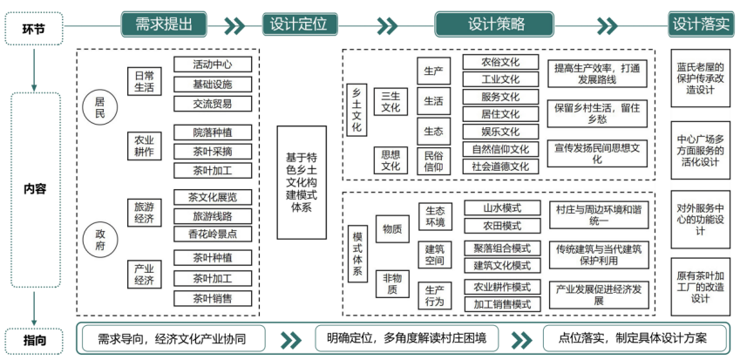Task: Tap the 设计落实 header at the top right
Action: tap(701, 24)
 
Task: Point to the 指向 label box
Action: tap(35, 338)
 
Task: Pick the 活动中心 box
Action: tap(214, 65)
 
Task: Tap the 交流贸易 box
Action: tap(214, 104)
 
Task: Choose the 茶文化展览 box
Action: tap(214, 197)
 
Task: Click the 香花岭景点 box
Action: tap(214, 234)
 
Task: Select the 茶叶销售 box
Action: tap(214, 298)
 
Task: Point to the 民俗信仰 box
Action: tap(433, 160)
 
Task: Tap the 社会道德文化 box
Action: tap(500, 166)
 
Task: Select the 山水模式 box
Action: tap(502, 208)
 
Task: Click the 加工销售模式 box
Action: tap(502, 304)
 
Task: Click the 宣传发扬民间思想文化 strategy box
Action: tap(597, 153)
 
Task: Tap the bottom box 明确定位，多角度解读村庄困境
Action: tap(406, 338)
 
